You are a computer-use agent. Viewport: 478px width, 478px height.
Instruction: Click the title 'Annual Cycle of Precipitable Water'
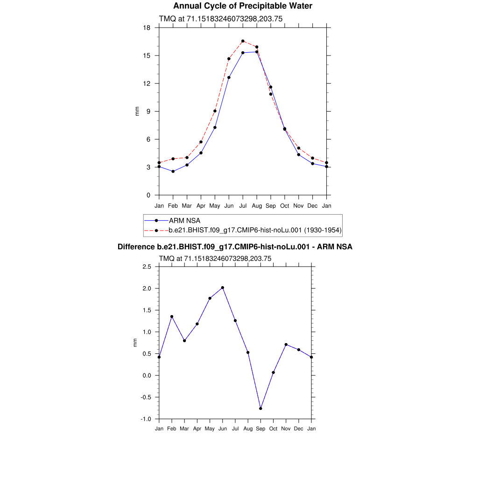click(242, 6)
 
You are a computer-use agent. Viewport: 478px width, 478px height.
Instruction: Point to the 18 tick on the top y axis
click(147, 28)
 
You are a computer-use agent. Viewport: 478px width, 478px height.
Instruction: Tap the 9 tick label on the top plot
click(148, 111)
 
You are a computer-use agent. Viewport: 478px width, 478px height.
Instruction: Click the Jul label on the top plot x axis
click(243, 206)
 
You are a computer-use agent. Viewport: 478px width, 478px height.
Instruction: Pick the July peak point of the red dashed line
click(243, 41)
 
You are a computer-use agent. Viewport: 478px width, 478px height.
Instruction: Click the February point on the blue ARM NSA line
click(173, 171)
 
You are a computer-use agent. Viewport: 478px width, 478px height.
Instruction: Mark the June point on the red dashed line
click(229, 59)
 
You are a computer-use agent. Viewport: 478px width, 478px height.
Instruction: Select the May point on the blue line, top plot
click(215, 127)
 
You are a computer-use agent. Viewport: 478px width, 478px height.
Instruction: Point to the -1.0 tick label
click(146, 419)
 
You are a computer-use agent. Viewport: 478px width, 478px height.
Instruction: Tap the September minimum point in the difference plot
click(260, 408)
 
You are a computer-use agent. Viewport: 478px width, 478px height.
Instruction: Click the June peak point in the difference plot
click(223, 288)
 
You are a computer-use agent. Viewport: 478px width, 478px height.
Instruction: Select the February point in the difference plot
click(172, 316)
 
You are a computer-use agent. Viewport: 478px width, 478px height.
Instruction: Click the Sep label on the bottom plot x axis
click(260, 429)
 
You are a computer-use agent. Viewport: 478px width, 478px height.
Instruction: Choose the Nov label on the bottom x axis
click(286, 429)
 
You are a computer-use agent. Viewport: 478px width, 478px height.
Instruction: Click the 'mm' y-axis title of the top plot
click(137, 111)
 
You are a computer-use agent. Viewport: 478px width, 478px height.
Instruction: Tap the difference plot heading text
click(235, 247)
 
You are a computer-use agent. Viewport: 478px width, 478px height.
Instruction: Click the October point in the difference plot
click(273, 373)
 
